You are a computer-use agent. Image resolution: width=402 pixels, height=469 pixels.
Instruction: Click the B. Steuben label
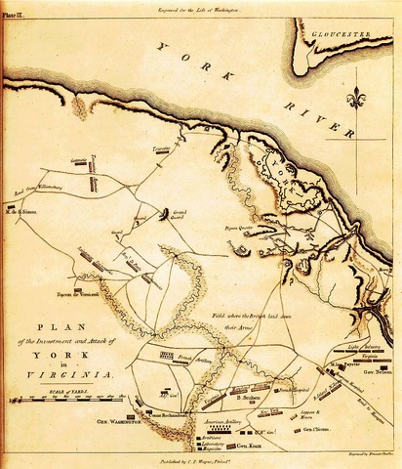[x=251, y=399]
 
